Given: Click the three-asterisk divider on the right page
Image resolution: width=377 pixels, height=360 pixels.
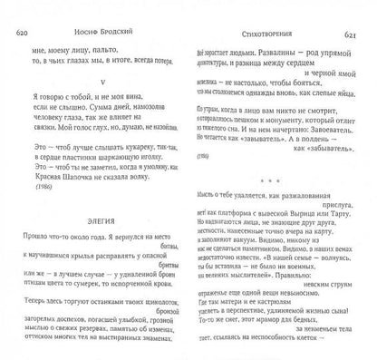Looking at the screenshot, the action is [x=273, y=199].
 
